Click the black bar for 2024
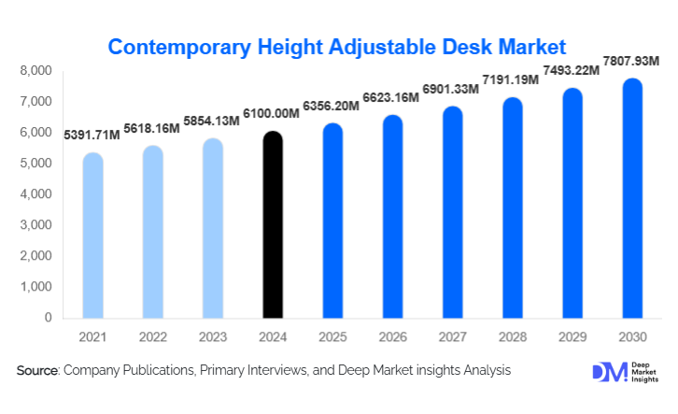[x=272, y=225]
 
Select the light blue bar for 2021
[x=92, y=236]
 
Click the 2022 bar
[x=152, y=233]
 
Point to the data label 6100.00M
[x=272, y=113]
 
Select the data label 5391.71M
[x=92, y=136]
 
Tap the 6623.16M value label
[x=391, y=97]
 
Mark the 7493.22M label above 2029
[x=571, y=71]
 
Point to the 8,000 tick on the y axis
[x=35, y=71]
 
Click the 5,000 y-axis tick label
[x=35, y=164]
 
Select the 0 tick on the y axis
[x=47, y=318]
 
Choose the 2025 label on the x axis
[x=332, y=336]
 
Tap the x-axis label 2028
[x=512, y=336]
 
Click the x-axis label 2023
[x=212, y=336]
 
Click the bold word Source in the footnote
[x=37, y=371]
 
